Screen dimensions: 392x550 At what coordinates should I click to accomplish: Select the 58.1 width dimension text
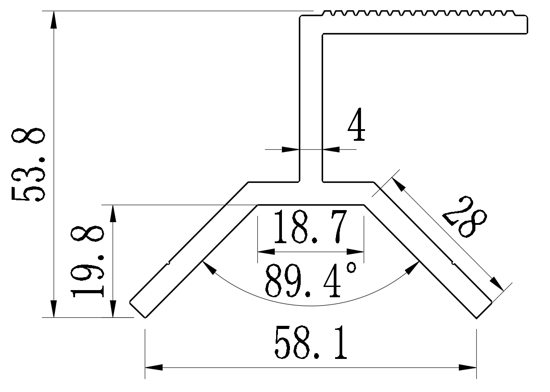(311, 343)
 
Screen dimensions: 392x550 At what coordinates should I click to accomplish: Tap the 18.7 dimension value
(311, 228)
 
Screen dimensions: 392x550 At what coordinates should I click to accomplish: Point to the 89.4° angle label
(311, 281)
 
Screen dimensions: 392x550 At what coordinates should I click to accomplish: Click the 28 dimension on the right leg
(464, 217)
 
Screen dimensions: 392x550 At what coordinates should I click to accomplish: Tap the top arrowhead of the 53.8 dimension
(54, 20)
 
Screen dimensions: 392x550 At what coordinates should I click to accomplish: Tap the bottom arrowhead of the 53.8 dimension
(54, 309)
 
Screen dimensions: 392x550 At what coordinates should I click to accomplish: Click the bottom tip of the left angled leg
(144, 318)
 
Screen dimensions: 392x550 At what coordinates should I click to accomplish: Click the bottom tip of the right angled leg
(477, 318)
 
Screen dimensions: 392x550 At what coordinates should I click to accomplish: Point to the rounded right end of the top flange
(528, 25)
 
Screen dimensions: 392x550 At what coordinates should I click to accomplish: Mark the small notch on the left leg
(168, 262)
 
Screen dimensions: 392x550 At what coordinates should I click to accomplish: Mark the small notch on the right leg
(453, 262)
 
